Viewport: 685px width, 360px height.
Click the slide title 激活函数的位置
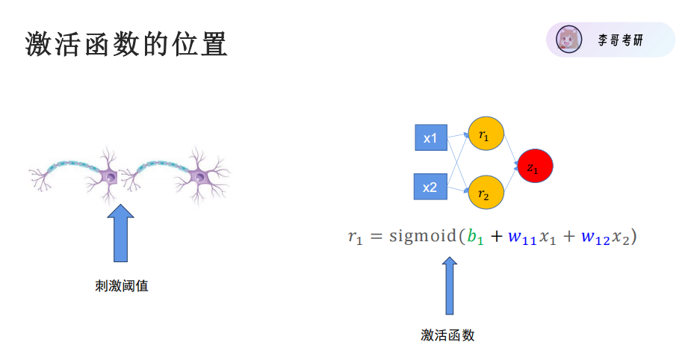coord(126,45)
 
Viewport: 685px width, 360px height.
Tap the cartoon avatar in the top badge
coord(569,40)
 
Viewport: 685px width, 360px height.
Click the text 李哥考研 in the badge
coord(620,40)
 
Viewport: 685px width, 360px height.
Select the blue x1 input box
coord(430,138)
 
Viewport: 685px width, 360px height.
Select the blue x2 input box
coord(430,187)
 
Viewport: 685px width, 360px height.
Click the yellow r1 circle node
coord(486,136)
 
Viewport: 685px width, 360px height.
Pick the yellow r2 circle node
coord(486,193)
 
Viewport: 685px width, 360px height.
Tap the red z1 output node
coord(534,167)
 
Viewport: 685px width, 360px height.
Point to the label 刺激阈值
coord(121,285)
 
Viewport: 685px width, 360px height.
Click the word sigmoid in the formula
coord(421,237)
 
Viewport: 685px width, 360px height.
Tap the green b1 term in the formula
coord(475,238)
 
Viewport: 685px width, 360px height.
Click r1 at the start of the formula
coord(354,238)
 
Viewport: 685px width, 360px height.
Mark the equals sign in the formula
coord(376,238)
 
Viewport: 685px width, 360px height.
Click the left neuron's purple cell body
coord(110,176)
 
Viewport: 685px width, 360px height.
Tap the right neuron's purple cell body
coord(199,176)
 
